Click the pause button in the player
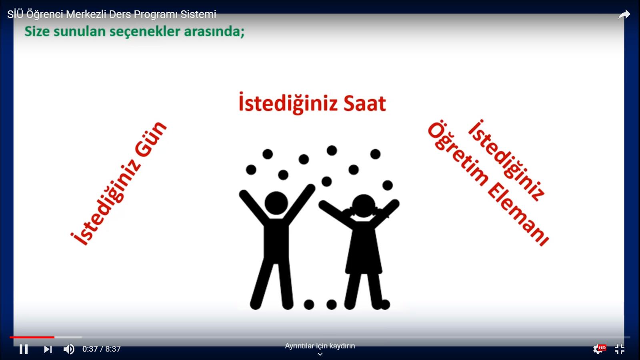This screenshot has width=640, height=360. pos(24,349)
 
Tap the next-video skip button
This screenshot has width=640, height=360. pos(48,349)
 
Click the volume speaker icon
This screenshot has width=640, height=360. pos(69,349)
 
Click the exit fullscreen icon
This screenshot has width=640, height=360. pos(620,349)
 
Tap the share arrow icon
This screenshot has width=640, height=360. pos(624,14)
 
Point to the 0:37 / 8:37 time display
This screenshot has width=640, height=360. pos(102,349)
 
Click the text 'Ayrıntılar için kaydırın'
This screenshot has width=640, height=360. pos(320,346)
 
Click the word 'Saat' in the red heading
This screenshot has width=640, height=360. pos(364,104)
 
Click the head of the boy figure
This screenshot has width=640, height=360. pos(276,203)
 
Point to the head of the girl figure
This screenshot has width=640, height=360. pos(364,206)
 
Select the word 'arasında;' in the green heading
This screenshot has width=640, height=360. pos(214,32)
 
